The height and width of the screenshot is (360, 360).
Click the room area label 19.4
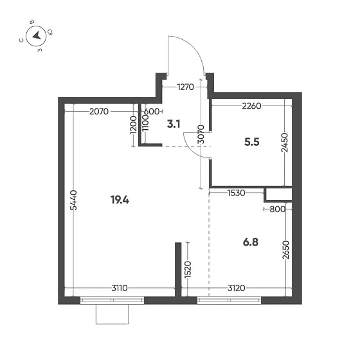(x=120, y=200)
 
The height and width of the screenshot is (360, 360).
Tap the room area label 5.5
(x=252, y=144)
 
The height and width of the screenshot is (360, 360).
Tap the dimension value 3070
(x=201, y=135)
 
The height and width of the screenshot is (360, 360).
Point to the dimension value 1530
(x=237, y=193)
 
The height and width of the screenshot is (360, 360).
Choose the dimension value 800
(x=277, y=208)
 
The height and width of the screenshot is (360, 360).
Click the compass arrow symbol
(x=37, y=35)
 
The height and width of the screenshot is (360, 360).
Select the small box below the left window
(x=113, y=315)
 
